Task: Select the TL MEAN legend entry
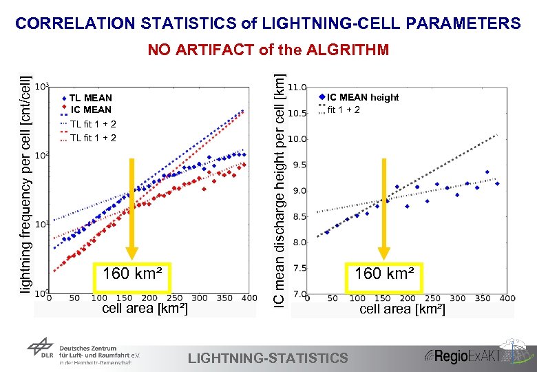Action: (90, 98)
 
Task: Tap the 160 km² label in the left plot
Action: (132, 273)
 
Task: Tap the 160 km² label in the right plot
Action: (385, 273)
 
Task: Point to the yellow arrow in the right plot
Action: (384, 207)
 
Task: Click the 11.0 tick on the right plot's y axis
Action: (297, 88)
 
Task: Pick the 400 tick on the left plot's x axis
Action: (249, 298)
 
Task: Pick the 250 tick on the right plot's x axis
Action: (432, 298)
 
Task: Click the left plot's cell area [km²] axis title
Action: (144, 309)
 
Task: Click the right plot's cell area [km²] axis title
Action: (402, 309)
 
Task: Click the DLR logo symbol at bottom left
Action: (43, 352)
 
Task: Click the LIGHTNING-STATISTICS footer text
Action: (268, 358)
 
